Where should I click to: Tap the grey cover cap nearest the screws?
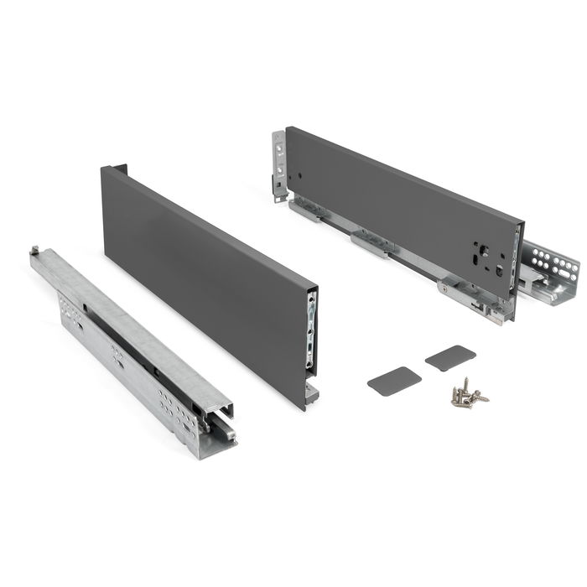[394, 380]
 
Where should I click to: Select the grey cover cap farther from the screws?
[450, 356]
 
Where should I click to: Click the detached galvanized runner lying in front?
[134, 352]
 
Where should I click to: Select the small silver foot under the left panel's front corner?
[311, 391]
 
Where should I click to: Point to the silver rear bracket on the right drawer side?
[279, 164]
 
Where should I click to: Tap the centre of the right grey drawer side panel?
[403, 210]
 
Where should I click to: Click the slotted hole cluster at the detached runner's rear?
[71, 311]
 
